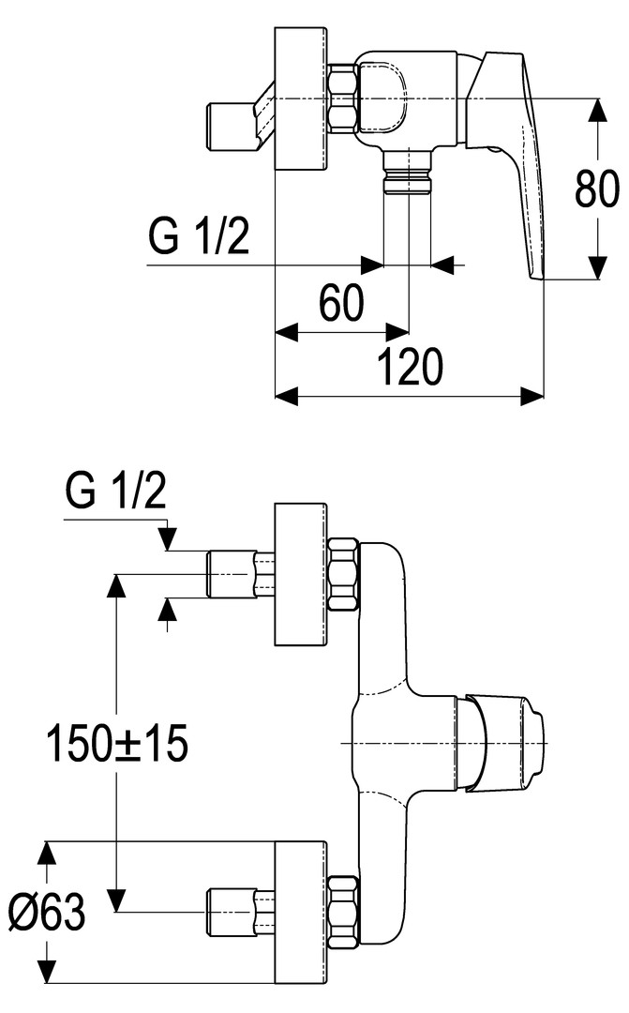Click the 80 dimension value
pos(597,190)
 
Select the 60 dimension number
pos(340,304)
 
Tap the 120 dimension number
pos(410,367)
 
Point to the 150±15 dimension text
pos(118,744)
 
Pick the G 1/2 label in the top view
pos(198,236)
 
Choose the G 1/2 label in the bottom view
pos(114,491)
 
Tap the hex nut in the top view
pos(342,97)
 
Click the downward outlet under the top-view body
pos(407,173)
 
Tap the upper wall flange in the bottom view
pos(300,574)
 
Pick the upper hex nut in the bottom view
pos(345,574)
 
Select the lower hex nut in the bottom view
pos(345,909)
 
